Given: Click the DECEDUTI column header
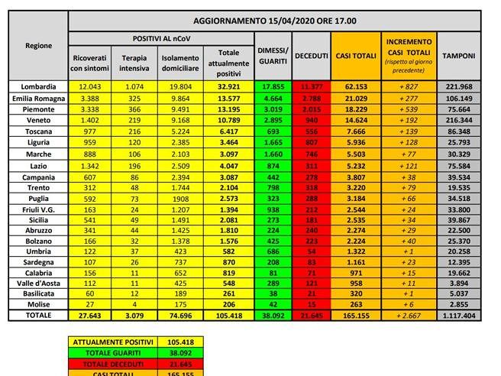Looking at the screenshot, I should tap(312, 56).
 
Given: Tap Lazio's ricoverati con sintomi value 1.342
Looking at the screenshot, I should tap(89, 161).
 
